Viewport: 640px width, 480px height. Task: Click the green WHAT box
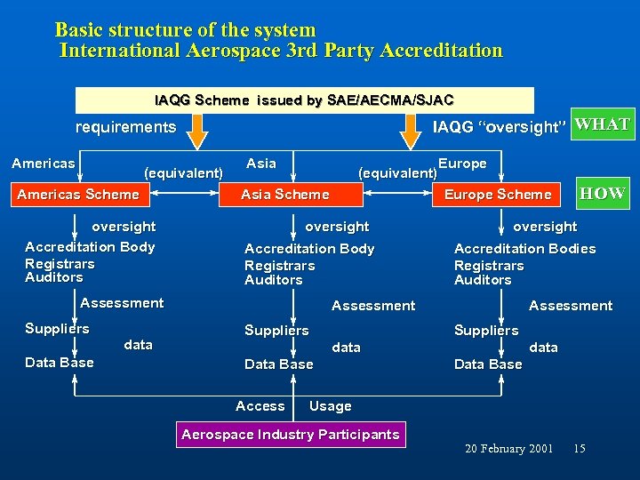click(x=602, y=124)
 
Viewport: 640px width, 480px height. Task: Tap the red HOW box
click(x=602, y=193)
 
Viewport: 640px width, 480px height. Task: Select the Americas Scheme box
click(x=78, y=195)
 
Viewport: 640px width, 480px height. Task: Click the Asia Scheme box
click(x=284, y=195)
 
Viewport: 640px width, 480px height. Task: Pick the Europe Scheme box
click(x=497, y=195)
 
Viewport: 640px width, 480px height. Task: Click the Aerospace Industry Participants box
click(x=291, y=435)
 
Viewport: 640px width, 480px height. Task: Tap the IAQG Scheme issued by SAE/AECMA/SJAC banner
click(x=304, y=100)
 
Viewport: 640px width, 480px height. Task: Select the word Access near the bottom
click(x=260, y=406)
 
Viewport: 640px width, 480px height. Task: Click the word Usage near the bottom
click(x=330, y=406)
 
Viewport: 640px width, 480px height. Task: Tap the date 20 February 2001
click(x=508, y=449)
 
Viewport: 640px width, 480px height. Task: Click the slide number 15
click(x=580, y=449)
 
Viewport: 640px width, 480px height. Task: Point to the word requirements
click(x=125, y=127)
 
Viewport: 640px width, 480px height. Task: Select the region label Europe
click(x=462, y=164)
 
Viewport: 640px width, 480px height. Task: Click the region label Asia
click(x=260, y=163)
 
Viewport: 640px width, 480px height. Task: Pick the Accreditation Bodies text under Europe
click(x=524, y=249)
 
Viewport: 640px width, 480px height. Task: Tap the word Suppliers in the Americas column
click(x=57, y=329)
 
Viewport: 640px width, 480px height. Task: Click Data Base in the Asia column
click(x=278, y=364)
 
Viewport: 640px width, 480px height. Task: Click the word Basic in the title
click(x=82, y=30)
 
